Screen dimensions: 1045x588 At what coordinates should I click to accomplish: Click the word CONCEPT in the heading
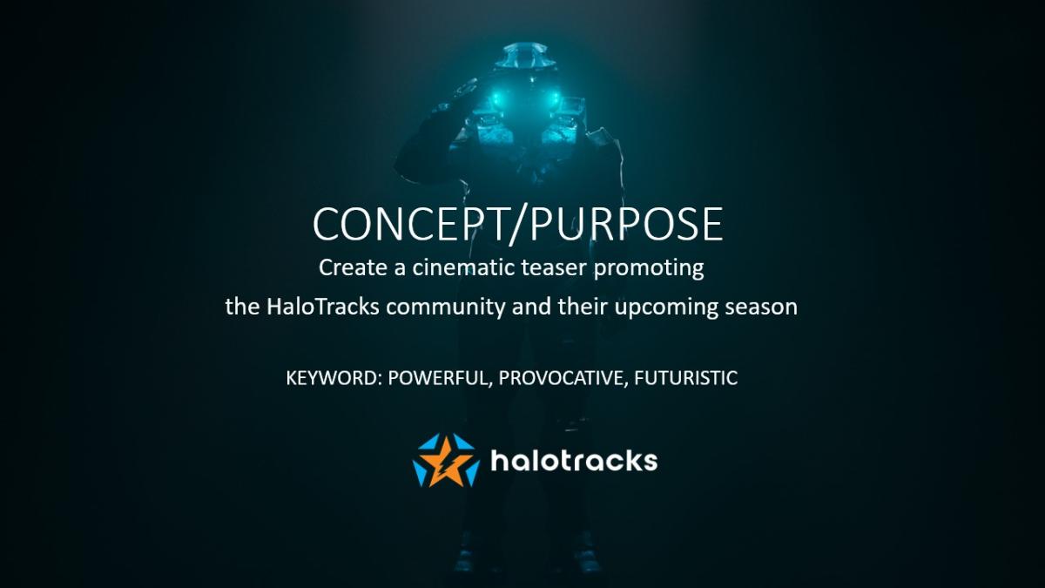click(x=409, y=224)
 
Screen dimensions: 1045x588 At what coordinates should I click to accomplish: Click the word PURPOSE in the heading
click(x=626, y=224)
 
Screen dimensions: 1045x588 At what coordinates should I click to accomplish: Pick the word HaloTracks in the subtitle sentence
click(x=323, y=307)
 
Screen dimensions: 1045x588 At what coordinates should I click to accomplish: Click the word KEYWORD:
click(x=334, y=378)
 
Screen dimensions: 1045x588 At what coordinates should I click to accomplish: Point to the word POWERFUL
click(x=440, y=378)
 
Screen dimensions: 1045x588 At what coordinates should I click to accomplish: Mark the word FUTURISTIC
click(x=686, y=378)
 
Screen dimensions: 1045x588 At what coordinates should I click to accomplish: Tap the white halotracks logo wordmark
click(x=574, y=461)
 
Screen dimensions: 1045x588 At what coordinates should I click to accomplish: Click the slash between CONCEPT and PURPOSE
click(x=518, y=226)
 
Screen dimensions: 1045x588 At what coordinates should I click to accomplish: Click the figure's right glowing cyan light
click(x=555, y=98)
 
